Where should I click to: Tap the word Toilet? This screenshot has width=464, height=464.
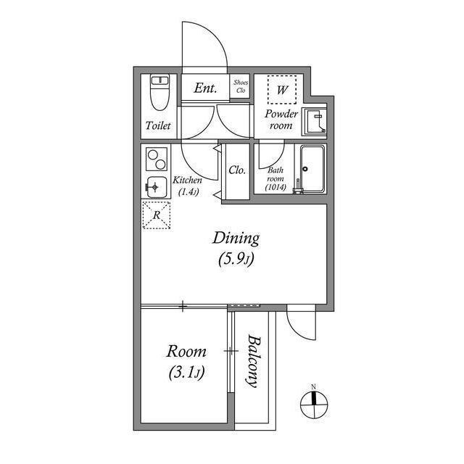[x=158, y=125]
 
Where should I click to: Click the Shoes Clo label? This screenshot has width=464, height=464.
[x=241, y=87]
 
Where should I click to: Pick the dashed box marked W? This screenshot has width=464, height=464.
[x=281, y=91]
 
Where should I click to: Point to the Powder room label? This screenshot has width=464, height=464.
[x=281, y=120]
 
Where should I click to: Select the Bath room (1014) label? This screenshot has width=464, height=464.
[x=276, y=178]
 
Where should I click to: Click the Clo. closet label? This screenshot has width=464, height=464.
[x=236, y=171]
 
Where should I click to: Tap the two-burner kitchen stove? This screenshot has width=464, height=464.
[x=157, y=158]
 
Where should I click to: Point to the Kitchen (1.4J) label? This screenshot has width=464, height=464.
[x=187, y=186]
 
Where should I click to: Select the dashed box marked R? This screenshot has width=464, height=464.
[x=157, y=214]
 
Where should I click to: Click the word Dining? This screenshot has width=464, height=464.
[x=236, y=238]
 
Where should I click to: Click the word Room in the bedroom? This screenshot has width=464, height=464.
[x=186, y=352]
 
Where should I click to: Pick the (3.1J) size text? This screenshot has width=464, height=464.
[x=186, y=373]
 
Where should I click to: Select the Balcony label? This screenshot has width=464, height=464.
[x=252, y=361]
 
